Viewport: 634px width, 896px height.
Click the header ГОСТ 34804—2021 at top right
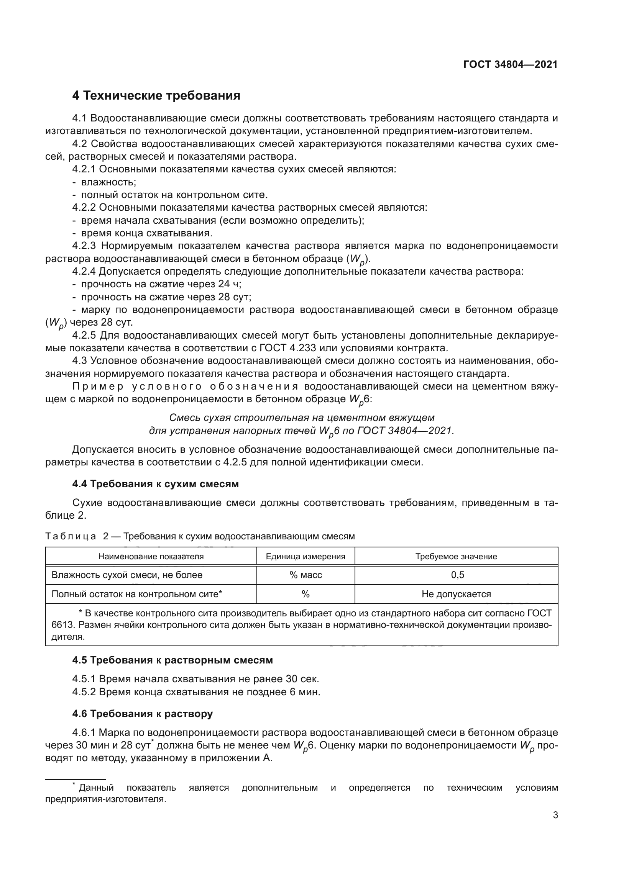click(510, 65)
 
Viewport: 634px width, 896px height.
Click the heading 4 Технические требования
click(156, 96)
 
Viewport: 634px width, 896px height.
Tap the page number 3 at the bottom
click(555, 815)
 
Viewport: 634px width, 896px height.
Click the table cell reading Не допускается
click(456, 594)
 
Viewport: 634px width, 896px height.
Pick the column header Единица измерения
click(305, 557)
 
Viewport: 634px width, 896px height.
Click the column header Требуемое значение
click(456, 557)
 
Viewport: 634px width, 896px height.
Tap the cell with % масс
click(305, 575)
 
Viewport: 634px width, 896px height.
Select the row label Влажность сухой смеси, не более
click(127, 575)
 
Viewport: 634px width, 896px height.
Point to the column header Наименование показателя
click(151, 557)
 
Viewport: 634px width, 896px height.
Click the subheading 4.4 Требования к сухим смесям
click(155, 484)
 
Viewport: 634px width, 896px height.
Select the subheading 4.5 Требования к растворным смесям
click(172, 660)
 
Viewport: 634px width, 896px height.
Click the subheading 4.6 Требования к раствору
click(143, 714)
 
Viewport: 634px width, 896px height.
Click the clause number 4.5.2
click(84, 692)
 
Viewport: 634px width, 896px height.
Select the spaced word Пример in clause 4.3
click(98, 387)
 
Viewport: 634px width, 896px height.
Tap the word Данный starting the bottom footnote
click(96, 788)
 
